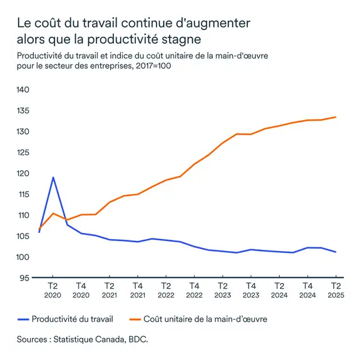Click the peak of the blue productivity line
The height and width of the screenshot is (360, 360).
point(53,177)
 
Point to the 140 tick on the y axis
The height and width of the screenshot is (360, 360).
point(23,90)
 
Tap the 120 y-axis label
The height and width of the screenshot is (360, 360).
point(23,173)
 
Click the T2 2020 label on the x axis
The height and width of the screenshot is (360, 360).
point(53,289)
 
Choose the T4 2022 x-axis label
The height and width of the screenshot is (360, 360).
point(193,289)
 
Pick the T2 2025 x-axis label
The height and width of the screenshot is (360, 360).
point(334,289)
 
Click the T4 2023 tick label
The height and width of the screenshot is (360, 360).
point(250,289)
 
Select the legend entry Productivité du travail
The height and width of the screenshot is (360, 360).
point(72,319)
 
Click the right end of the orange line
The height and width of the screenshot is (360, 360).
point(336,117)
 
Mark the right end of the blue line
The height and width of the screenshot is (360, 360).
point(336,252)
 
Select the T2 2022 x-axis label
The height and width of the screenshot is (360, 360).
point(165,289)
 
